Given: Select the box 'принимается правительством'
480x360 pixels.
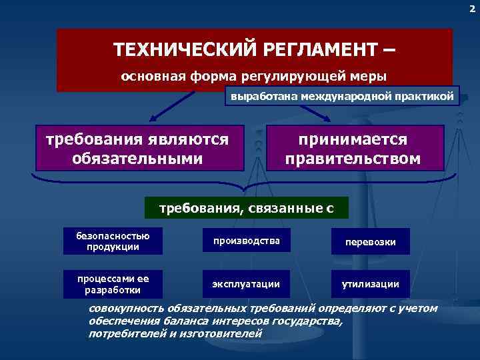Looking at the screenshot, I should (353, 149).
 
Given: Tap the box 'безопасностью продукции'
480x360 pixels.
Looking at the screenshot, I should (112, 241).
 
